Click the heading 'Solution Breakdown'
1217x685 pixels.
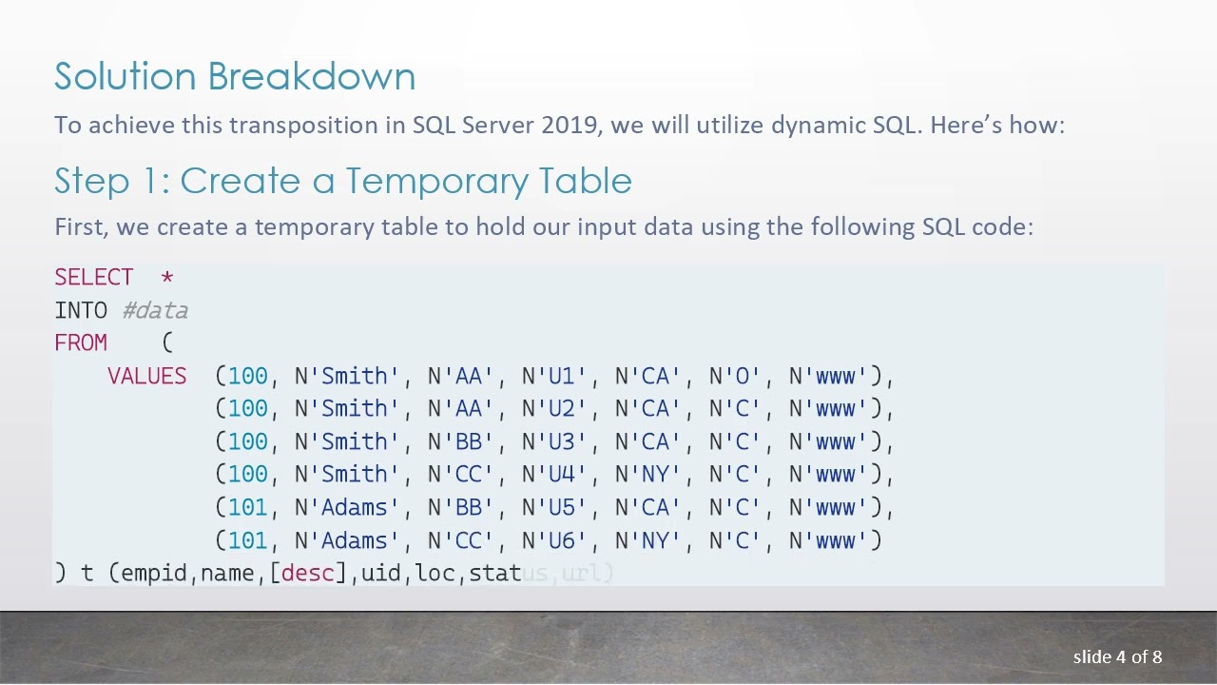[235, 77]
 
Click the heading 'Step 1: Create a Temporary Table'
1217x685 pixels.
[343, 181]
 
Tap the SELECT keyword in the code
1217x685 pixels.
[94, 278]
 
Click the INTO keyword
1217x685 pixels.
[81, 311]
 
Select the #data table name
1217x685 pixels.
[155, 311]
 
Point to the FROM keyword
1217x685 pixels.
[81, 343]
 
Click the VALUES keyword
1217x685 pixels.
[146, 377]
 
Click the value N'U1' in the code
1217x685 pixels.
[554, 377]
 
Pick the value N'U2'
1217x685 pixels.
[554, 409]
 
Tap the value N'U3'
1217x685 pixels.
[554, 442]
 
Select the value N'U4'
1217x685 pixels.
[554, 475]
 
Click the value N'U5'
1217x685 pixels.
[554, 508]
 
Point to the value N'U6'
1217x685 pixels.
[554, 541]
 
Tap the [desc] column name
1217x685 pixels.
[308, 574]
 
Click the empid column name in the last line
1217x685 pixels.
[155, 574]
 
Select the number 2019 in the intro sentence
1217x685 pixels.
[570, 126]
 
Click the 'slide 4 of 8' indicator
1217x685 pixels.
[1117, 657]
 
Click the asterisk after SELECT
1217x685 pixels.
[167, 278]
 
